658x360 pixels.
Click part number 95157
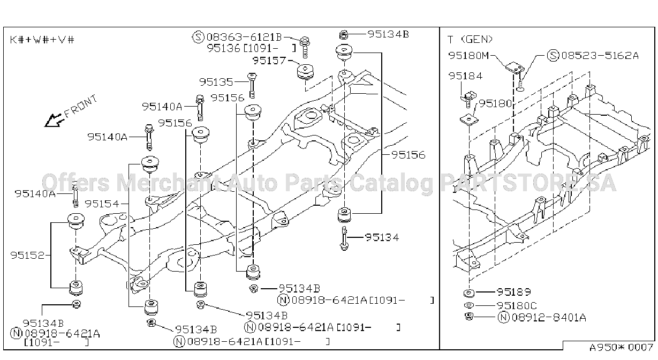269,61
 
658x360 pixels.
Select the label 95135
216,82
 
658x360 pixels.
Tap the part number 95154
102,204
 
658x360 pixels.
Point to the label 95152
27,255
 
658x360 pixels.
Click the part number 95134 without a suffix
382,237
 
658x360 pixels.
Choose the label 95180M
468,56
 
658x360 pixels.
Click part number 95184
465,76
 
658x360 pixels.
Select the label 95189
514,292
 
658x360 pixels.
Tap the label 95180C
517,306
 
